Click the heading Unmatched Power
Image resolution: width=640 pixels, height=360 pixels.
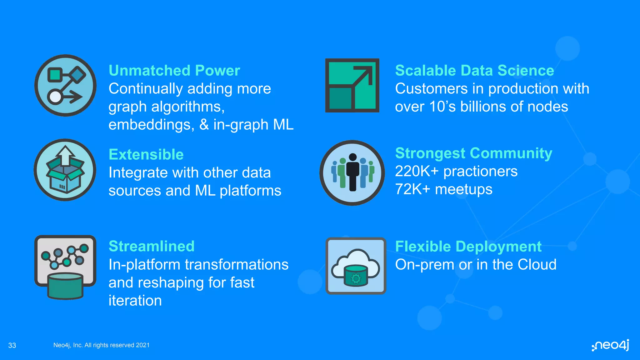(x=174, y=71)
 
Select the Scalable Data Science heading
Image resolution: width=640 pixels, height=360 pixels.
(x=474, y=71)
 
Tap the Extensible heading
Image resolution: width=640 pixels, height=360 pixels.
(x=146, y=155)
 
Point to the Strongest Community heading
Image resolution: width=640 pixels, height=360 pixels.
(x=473, y=153)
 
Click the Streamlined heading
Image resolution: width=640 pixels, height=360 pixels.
(x=152, y=246)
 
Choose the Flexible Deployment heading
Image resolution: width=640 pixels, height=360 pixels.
(x=468, y=247)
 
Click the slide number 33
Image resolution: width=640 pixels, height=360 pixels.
(x=12, y=345)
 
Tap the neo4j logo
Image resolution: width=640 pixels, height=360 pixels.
(x=611, y=345)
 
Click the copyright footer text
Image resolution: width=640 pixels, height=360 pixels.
(x=101, y=345)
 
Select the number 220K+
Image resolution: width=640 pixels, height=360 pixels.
(x=417, y=171)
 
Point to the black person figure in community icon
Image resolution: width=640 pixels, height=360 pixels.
(x=353, y=172)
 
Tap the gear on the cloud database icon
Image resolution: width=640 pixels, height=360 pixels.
(x=356, y=278)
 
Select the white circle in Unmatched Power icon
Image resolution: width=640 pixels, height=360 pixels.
(x=55, y=97)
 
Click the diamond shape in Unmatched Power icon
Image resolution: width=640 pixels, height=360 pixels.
(x=77, y=75)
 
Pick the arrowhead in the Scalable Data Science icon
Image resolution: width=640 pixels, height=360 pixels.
(x=366, y=72)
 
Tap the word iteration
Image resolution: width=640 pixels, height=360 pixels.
(x=135, y=301)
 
